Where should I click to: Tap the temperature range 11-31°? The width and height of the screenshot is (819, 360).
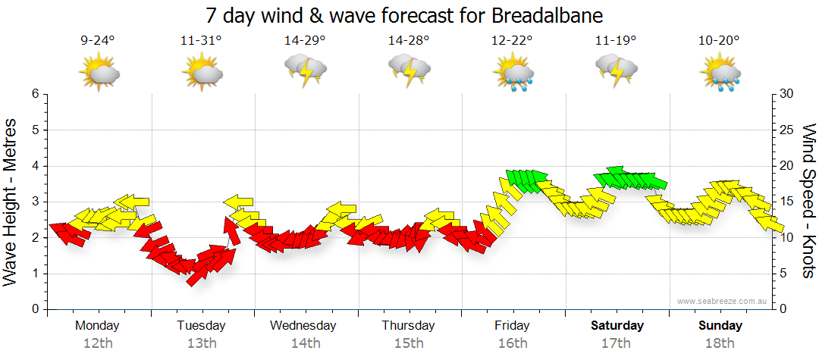[202, 41]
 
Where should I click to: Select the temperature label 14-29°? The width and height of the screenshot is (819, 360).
[305, 41]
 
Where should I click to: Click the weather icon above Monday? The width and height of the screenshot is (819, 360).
[99, 73]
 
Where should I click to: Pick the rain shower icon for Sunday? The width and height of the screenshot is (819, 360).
[720, 73]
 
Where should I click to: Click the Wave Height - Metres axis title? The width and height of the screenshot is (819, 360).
[11, 202]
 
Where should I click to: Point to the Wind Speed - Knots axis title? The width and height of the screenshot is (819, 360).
[808, 202]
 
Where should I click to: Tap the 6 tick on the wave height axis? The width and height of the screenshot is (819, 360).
[34, 94]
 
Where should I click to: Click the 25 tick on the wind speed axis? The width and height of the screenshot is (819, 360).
[787, 130]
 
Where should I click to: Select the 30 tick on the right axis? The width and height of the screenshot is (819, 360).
[787, 94]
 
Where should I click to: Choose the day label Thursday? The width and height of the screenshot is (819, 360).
[409, 326]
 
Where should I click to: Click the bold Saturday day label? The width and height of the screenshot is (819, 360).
[617, 326]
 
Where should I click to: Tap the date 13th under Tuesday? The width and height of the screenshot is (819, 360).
[202, 343]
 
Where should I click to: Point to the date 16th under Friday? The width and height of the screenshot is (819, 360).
[513, 343]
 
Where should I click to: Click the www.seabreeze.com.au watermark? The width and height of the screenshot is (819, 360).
[723, 301]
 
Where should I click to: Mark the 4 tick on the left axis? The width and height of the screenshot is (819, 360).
[34, 166]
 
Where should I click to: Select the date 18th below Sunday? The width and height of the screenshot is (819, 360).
[720, 343]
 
